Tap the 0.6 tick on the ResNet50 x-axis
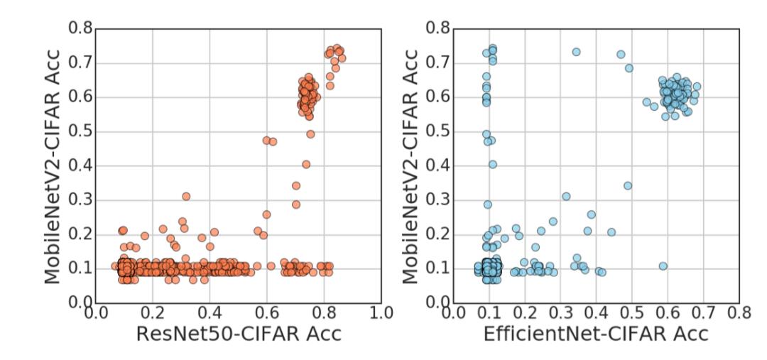(266, 313)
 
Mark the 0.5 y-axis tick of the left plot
(80, 131)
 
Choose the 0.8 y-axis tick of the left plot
(80, 29)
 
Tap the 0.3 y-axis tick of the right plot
(438, 200)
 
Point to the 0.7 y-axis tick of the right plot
(438, 63)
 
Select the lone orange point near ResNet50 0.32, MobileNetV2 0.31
(186, 196)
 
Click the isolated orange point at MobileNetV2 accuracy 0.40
(306, 164)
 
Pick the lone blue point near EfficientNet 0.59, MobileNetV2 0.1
(663, 266)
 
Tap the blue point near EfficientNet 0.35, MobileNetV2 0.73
(576, 52)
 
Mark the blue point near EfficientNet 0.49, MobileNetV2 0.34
(628, 185)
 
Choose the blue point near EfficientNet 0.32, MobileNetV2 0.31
(566, 196)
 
